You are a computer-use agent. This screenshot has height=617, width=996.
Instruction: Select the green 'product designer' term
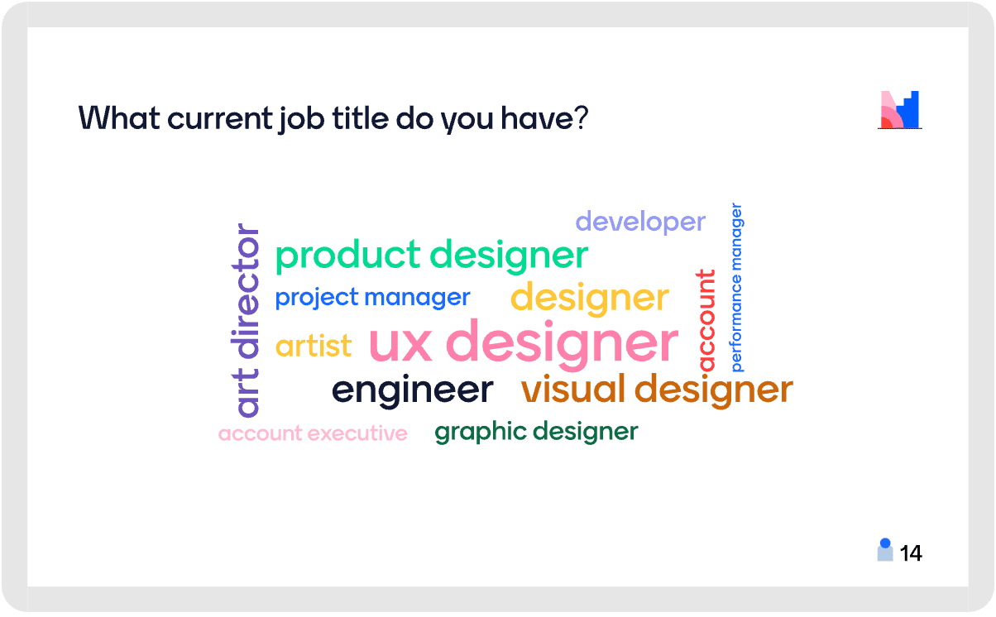point(432,256)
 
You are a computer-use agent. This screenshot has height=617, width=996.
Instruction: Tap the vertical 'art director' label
point(245,320)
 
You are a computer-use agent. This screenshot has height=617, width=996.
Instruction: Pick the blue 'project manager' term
point(372,298)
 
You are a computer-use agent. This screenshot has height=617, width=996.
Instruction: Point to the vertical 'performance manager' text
point(737,287)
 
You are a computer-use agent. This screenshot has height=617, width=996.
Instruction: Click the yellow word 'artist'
point(314,346)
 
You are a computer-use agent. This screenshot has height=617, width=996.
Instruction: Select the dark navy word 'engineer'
point(413,390)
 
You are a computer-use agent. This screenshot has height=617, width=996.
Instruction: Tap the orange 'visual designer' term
point(657,390)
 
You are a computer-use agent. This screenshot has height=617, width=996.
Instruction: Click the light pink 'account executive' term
point(313,433)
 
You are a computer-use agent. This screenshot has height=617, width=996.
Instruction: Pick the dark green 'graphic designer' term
point(536,432)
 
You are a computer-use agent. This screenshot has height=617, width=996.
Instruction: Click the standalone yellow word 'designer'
point(590,299)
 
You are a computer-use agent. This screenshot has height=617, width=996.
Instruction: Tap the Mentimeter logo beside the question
point(899,110)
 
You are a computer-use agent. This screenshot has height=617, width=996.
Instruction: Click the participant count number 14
point(911,553)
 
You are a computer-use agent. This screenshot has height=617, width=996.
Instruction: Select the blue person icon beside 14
point(885,550)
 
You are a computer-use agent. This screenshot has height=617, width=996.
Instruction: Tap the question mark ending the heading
point(582,117)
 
